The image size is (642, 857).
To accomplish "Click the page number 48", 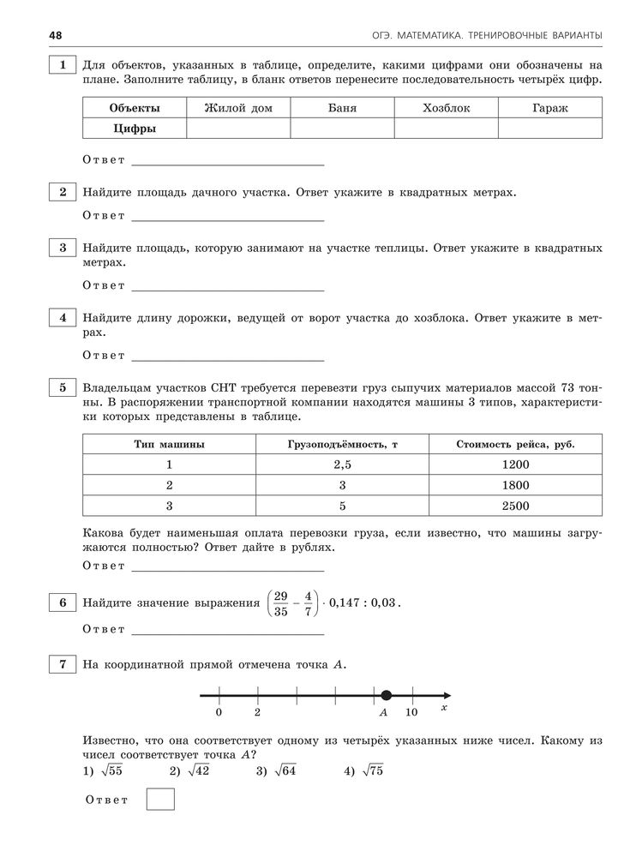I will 33,34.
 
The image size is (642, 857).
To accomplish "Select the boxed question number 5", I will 63,387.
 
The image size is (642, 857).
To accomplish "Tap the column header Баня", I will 342,108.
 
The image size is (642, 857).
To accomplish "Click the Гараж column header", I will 549,108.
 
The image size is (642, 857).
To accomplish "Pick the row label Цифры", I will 134,129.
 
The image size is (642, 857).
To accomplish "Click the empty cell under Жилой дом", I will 237,129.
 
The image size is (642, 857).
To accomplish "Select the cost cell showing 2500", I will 516,506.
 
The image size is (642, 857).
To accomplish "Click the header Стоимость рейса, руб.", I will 515,444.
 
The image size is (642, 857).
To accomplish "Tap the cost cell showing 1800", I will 516,485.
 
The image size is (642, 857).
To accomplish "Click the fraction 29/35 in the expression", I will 279,602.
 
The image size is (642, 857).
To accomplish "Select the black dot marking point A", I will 386,695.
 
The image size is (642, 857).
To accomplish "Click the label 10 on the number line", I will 411,712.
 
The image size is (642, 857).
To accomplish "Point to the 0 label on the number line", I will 219,712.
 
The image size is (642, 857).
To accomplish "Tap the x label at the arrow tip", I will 444,709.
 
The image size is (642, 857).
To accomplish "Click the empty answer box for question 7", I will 160,800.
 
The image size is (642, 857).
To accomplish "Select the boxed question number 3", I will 63,248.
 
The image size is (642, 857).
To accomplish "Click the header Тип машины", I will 169,444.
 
